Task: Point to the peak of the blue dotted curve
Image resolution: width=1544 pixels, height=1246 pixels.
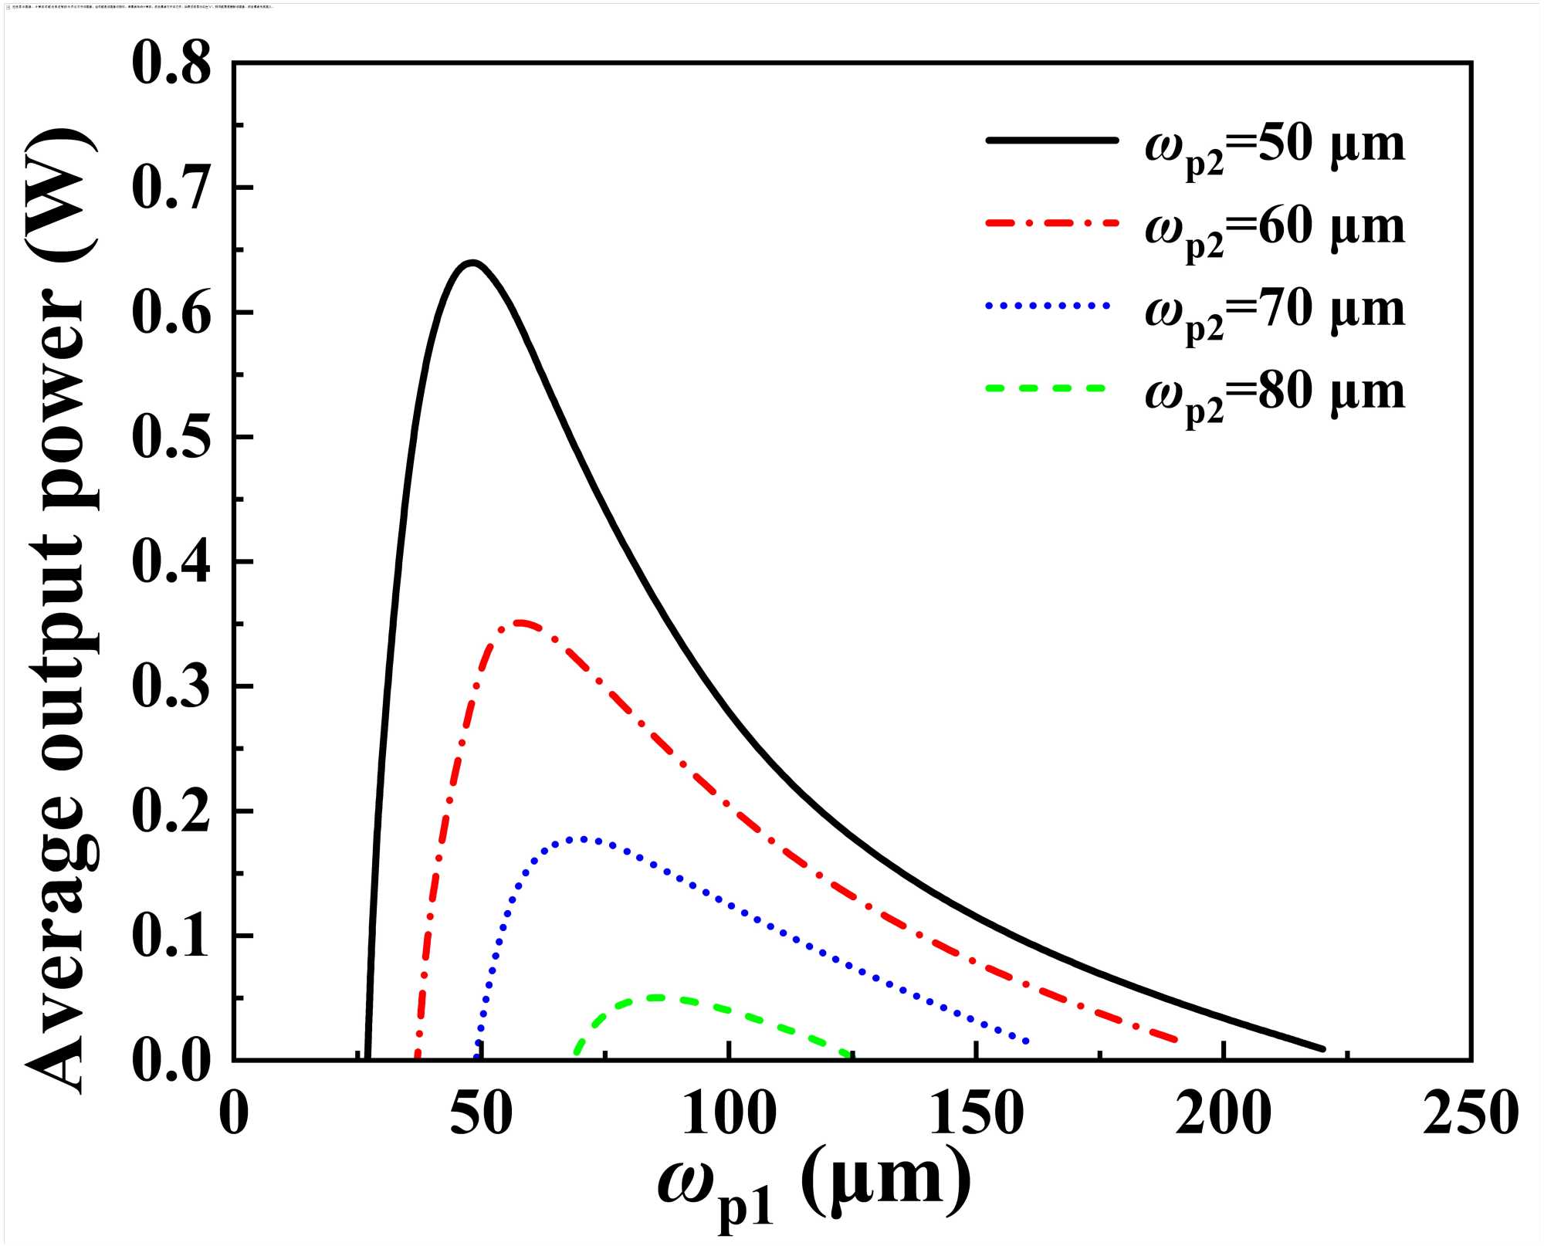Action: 581,838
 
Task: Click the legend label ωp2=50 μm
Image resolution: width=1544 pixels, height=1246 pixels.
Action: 1275,147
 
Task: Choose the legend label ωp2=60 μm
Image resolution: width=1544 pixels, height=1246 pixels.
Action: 1275,230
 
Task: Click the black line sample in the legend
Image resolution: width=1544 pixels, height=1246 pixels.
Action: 1051,140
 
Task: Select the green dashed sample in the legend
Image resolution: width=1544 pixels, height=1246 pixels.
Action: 1046,388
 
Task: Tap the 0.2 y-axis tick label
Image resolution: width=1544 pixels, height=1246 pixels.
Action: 171,811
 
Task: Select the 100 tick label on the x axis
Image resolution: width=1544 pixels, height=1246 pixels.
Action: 729,1114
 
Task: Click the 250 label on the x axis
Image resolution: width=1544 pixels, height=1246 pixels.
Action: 1470,1114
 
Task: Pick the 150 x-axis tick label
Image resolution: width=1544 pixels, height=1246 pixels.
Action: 977,1114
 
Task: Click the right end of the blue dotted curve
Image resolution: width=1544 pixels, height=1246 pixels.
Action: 1026,1042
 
